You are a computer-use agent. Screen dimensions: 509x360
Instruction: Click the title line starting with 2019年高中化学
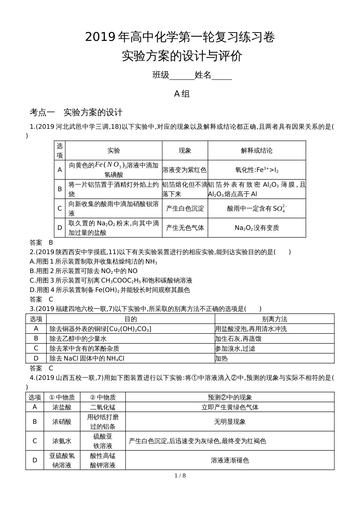(x=180, y=37)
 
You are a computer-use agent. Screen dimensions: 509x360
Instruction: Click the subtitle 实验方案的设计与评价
(x=182, y=56)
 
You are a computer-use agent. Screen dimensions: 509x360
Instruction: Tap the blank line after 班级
(x=182, y=75)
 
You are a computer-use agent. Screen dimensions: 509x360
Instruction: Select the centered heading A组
(x=182, y=94)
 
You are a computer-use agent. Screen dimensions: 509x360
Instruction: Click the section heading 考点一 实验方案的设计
(x=76, y=112)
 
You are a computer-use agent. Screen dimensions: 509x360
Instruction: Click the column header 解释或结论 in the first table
(x=257, y=150)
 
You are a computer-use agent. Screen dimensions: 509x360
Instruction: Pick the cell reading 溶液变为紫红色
(x=185, y=170)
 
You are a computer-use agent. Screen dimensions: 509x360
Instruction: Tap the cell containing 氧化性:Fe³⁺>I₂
(x=257, y=170)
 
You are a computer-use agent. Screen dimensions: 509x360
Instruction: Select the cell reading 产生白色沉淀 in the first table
(x=185, y=208)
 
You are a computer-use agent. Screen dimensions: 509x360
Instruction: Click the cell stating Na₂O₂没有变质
(x=257, y=228)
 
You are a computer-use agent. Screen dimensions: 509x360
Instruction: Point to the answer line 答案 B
(x=41, y=242)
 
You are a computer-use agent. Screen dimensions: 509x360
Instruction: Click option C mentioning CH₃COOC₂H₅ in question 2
(x=111, y=280)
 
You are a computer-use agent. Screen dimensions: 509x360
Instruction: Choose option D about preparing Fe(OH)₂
(x=110, y=290)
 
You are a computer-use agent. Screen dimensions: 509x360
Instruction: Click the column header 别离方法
(x=274, y=319)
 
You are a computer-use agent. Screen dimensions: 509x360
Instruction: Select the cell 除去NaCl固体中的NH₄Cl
(x=87, y=358)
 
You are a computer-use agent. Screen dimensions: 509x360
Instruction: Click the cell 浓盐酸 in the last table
(x=62, y=407)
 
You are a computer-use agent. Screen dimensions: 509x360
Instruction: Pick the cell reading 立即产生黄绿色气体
(x=230, y=407)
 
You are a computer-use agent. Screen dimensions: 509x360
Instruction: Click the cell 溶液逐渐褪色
(x=230, y=460)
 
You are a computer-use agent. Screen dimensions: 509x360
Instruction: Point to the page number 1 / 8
(x=180, y=476)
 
